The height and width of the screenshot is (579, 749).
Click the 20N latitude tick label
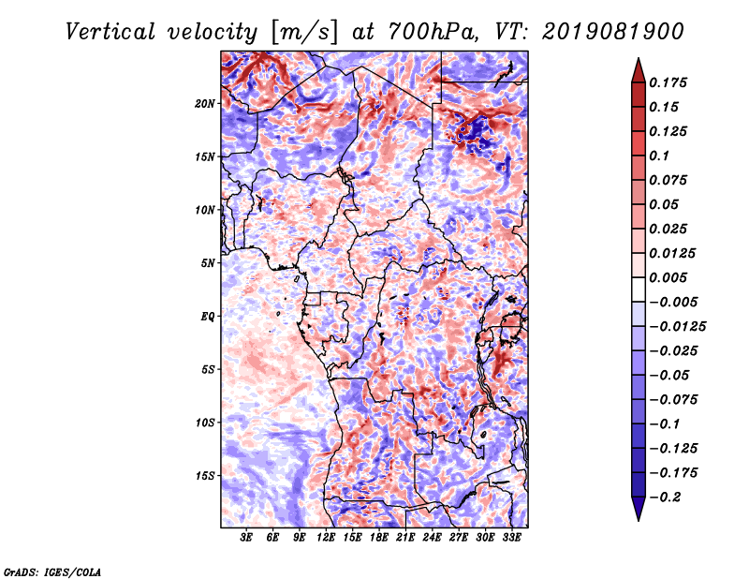click(x=205, y=104)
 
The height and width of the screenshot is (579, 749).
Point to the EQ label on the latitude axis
click(x=207, y=317)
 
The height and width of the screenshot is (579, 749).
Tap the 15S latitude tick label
click(x=205, y=476)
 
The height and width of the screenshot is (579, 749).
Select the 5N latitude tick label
click(x=208, y=263)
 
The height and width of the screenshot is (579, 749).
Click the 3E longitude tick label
click(x=246, y=538)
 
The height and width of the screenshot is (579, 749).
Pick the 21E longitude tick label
click(x=405, y=538)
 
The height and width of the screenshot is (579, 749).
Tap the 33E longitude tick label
click(x=511, y=538)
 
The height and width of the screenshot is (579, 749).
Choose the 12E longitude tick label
click(x=325, y=538)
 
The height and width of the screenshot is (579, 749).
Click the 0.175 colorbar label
click(x=668, y=82)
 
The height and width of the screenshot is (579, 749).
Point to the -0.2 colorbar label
click(x=665, y=497)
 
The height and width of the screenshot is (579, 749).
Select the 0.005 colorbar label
click(x=668, y=277)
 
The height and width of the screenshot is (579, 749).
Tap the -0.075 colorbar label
click(x=673, y=400)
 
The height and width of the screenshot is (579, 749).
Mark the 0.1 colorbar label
click(x=659, y=156)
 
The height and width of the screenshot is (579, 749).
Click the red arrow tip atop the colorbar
click(x=639, y=58)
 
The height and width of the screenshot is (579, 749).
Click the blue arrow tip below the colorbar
click(x=639, y=520)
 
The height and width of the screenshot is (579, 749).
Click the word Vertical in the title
click(x=110, y=32)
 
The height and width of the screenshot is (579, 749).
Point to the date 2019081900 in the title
click(x=613, y=32)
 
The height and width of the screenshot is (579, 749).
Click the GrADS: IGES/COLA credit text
click(x=52, y=572)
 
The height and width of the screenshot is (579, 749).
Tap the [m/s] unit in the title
click(x=304, y=33)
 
